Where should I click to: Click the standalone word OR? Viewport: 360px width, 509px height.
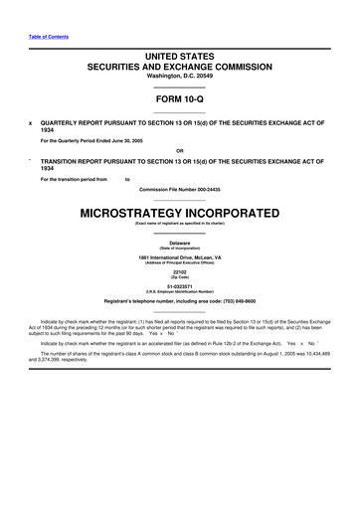click(180, 151)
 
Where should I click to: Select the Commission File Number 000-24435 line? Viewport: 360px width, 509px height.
click(180, 189)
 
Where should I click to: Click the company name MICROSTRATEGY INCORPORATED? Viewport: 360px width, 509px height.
click(180, 214)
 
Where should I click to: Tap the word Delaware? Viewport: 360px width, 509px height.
click(180, 242)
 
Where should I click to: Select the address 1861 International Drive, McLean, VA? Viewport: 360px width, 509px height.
click(180, 256)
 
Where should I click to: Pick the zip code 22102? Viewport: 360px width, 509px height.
click(180, 271)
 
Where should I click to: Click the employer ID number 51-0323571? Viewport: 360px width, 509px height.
click(180, 286)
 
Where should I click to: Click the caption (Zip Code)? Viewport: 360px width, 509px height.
click(180, 277)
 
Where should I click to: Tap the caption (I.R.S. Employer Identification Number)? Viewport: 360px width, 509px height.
click(180, 292)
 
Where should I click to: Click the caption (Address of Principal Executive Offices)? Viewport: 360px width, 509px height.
click(180, 262)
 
